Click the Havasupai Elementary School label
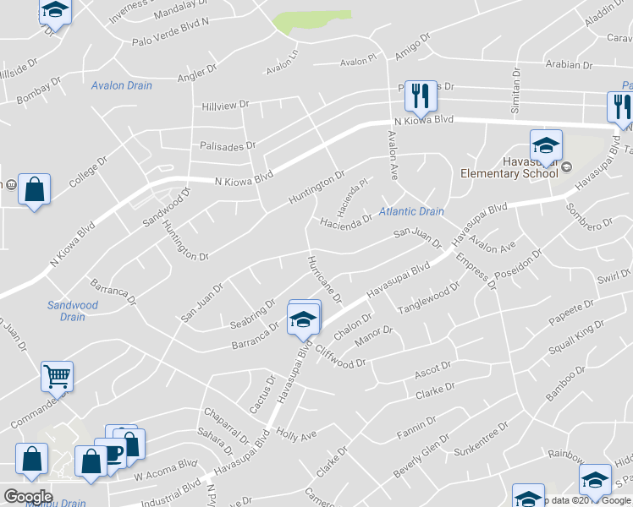tap(509, 166)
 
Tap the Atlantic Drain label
tap(411, 211)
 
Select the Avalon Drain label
tap(122, 85)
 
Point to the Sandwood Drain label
tap(73, 311)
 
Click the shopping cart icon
tap(57, 375)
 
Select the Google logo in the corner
tap(28, 497)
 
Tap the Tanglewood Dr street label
tap(428, 299)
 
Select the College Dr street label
tap(90, 172)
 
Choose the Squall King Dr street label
tap(575, 335)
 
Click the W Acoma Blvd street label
tap(165, 476)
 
